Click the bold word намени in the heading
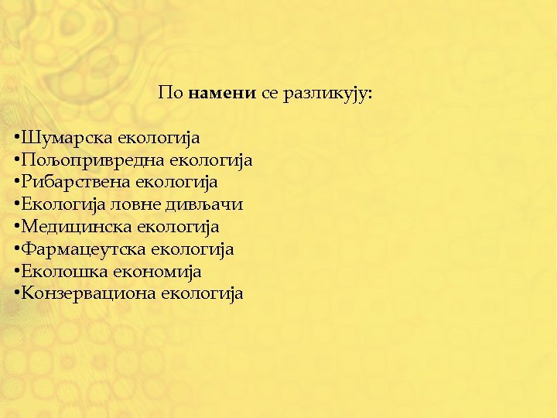click(x=222, y=94)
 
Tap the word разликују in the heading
click(x=328, y=94)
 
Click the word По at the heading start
click(x=170, y=94)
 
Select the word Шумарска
click(x=67, y=138)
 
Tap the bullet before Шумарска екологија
click(x=16, y=139)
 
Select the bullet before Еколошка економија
click(x=16, y=272)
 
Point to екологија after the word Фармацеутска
click(x=193, y=250)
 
